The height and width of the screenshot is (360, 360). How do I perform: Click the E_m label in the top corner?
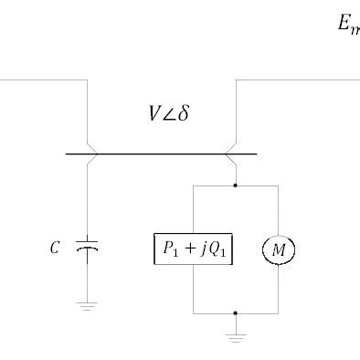(x=348, y=26)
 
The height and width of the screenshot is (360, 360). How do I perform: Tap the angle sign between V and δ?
(x=168, y=116)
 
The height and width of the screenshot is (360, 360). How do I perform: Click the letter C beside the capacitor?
(x=56, y=248)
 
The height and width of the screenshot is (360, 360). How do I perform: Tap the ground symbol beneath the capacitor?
(x=88, y=306)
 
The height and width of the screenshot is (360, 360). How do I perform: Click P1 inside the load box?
(x=172, y=249)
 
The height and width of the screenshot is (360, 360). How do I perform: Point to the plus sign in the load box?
(x=193, y=249)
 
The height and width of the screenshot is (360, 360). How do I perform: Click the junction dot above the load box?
(x=237, y=185)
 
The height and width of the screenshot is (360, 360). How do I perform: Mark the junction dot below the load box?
(x=237, y=313)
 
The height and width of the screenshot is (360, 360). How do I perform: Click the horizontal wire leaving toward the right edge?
(x=302, y=80)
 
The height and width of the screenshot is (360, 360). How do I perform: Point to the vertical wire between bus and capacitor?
(x=88, y=196)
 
